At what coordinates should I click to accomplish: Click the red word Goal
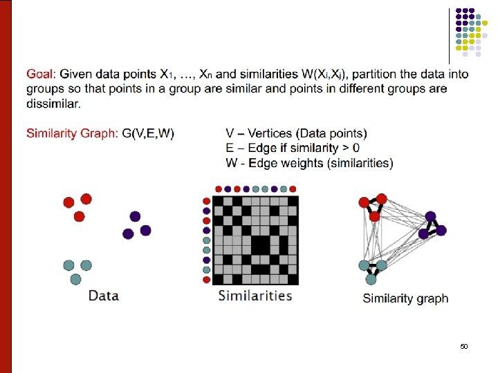click(x=41, y=75)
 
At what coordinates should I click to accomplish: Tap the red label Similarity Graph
click(x=72, y=133)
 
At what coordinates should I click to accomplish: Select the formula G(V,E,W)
click(x=148, y=133)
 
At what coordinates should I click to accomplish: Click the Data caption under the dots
click(x=103, y=296)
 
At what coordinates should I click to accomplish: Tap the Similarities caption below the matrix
click(x=255, y=296)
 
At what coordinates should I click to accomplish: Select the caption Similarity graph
click(x=405, y=298)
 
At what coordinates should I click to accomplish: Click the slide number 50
click(x=464, y=345)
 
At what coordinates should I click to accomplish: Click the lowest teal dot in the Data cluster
click(x=76, y=279)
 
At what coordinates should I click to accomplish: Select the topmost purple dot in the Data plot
click(x=135, y=216)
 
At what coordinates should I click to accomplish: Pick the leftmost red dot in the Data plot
click(x=68, y=202)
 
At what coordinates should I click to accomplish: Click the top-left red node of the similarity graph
click(x=364, y=202)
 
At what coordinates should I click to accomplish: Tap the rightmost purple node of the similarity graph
click(x=441, y=230)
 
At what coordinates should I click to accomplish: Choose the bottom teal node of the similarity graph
click(x=371, y=279)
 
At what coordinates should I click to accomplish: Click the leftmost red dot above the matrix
click(x=219, y=189)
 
